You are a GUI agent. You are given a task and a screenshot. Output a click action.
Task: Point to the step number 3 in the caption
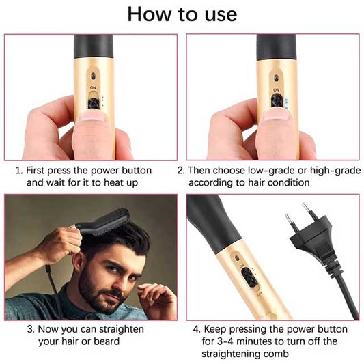[x=30, y=329]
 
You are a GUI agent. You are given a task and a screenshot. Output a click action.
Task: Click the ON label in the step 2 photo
[x=275, y=89]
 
